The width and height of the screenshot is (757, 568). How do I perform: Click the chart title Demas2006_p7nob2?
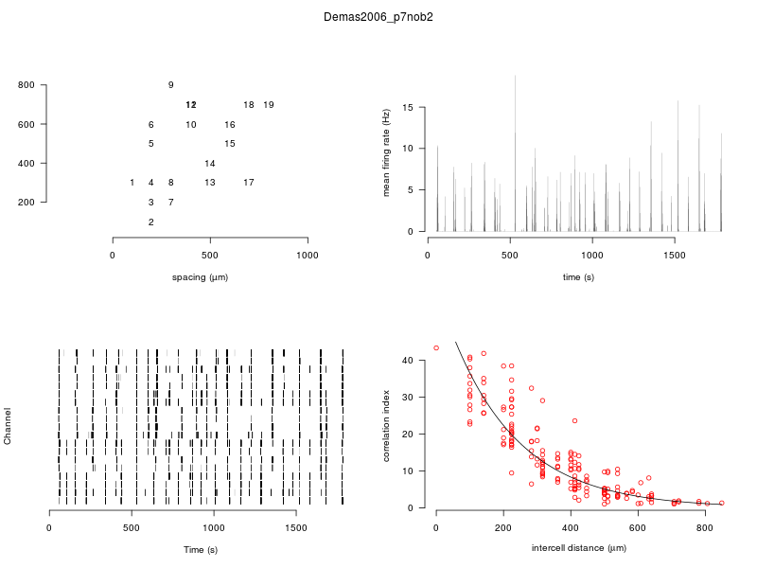click(378, 17)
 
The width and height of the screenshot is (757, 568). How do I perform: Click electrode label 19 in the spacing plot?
click(269, 105)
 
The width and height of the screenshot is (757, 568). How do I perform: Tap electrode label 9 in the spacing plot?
click(170, 85)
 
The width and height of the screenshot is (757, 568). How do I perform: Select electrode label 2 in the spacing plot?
click(150, 222)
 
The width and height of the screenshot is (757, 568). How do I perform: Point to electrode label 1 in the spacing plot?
click(132, 183)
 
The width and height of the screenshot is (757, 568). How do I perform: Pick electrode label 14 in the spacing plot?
click(210, 164)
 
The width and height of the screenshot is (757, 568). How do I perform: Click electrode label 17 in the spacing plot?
click(249, 183)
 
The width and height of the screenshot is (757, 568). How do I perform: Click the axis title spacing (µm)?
click(200, 277)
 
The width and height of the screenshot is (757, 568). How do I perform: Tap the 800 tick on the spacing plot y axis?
click(26, 85)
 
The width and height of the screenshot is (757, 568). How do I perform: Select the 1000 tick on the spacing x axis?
click(308, 256)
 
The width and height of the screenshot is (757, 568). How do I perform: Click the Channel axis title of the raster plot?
click(9, 427)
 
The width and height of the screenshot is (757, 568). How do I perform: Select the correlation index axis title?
click(386, 426)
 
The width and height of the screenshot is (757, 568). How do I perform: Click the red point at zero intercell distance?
click(436, 347)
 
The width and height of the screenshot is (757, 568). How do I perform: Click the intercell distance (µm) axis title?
click(579, 549)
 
